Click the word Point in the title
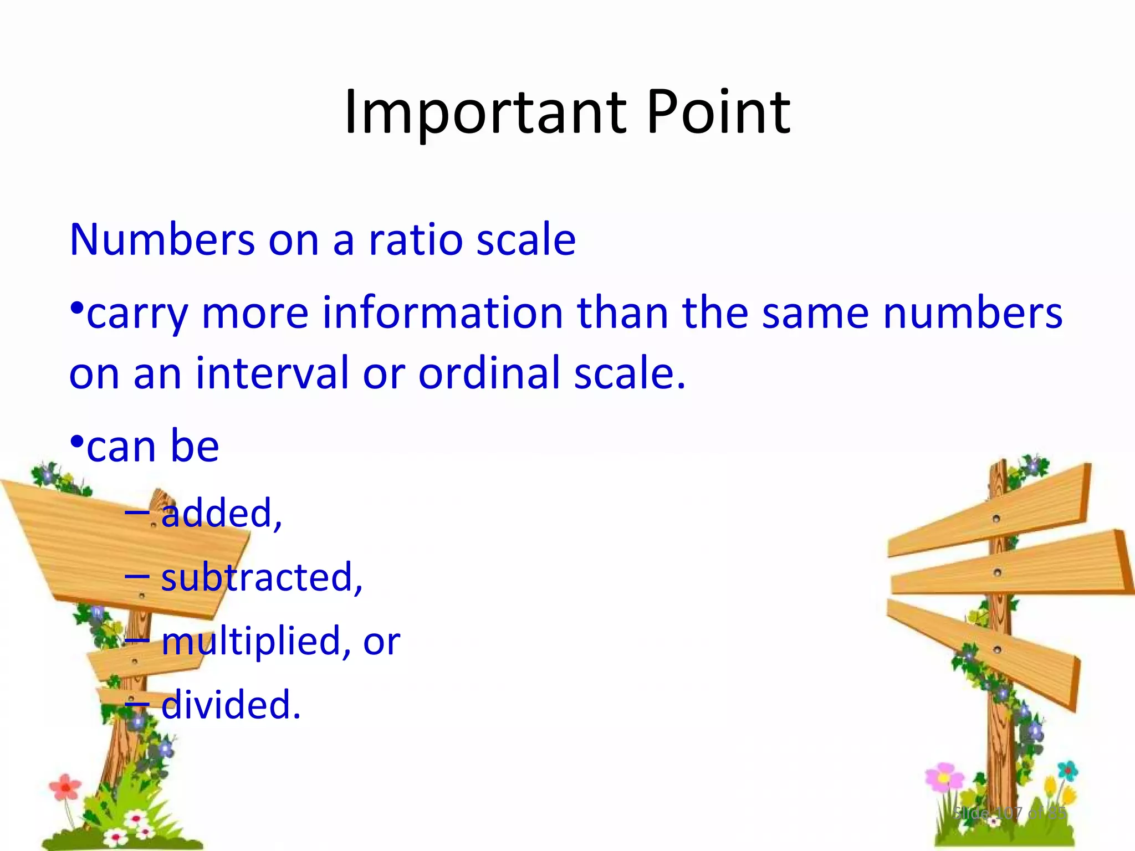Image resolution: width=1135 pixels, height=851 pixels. point(718,114)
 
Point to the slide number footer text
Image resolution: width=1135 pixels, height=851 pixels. point(1009,813)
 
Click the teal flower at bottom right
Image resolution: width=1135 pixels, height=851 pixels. point(1067,771)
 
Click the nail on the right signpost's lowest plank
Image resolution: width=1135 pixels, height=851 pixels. point(997,649)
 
